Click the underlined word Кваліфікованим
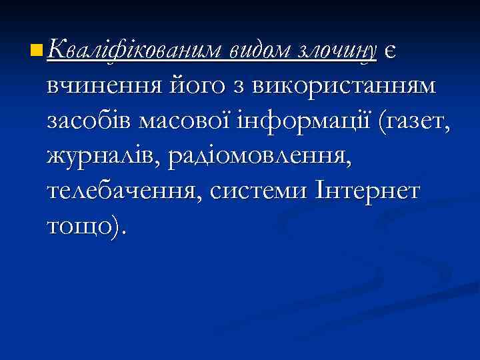(x=135, y=49)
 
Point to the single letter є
(x=391, y=50)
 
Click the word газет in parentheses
(x=417, y=122)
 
